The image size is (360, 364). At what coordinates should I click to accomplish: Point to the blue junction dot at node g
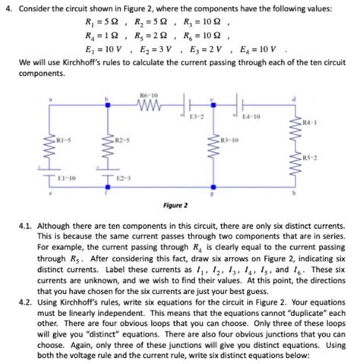tap(215, 186)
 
